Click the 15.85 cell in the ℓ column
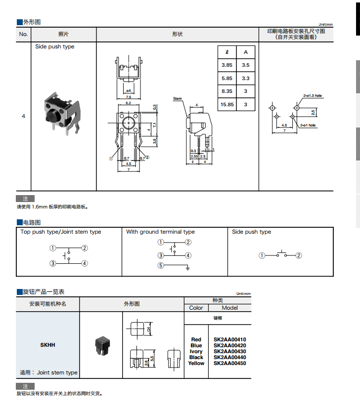(x=227, y=105)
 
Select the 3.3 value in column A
(x=246, y=79)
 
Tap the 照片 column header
(x=64, y=34)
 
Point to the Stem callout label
(x=178, y=99)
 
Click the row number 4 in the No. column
(x=23, y=116)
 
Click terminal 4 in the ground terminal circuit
(x=188, y=255)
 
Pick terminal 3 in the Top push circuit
(x=52, y=264)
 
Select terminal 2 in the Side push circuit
(x=299, y=255)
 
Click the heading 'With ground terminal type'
(x=160, y=232)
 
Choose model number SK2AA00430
(x=229, y=351)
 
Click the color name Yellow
(x=196, y=363)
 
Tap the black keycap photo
(x=101, y=344)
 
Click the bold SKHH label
(x=47, y=345)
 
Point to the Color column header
(x=196, y=308)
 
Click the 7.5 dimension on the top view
(x=129, y=97)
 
